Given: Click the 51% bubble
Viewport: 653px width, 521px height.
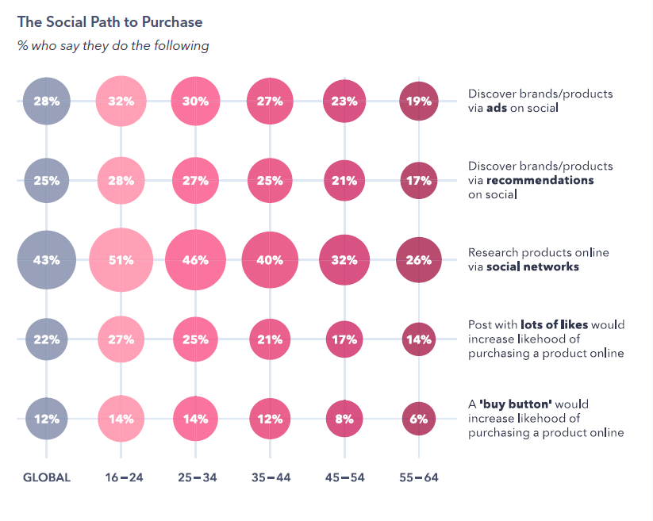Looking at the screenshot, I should point(121,260).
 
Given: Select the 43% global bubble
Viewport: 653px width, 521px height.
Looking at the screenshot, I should point(46,260).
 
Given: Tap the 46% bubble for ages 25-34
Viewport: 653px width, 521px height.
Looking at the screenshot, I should point(195,260).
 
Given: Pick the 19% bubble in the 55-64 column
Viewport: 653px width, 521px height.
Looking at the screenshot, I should point(419,101).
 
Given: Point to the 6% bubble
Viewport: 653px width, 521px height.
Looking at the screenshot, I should point(419,419).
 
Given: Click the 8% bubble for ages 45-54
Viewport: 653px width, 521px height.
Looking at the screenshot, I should point(344,419).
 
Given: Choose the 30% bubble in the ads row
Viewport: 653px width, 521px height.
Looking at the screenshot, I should point(195,101).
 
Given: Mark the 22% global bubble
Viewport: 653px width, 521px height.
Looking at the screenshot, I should point(46,339).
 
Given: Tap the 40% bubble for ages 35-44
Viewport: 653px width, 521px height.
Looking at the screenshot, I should point(270,260).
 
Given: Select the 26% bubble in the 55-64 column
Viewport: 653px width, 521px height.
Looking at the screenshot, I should point(419,260).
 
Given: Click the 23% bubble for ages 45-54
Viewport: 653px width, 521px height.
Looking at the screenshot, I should point(344,101).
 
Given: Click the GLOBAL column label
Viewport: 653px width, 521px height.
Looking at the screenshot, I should point(46,477).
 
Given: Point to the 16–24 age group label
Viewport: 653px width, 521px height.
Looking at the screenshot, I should point(121,477).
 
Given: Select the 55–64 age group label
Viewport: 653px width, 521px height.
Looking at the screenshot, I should point(419,477).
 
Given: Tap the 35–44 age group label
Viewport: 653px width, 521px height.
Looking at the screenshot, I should point(270,477).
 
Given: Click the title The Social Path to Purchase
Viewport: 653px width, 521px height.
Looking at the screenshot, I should point(109,21).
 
